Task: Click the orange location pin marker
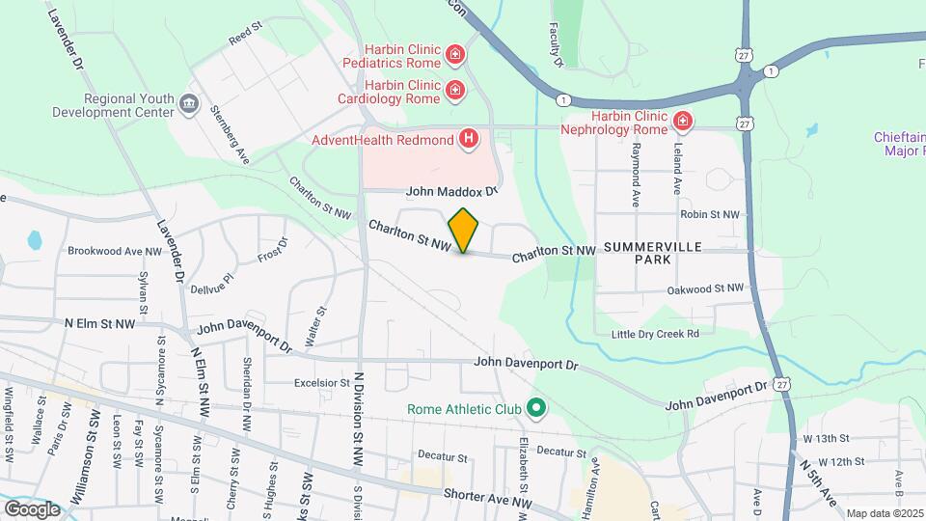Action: click(464, 230)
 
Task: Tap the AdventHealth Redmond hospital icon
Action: click(469, 140)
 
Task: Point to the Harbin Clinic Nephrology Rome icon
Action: click(683, 122)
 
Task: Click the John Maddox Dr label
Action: click(450, 192)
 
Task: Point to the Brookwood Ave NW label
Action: click(113, 250)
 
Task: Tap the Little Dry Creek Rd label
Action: click(655, 334)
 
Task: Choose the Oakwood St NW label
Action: click(705, 288)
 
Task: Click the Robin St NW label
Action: click(710, 214)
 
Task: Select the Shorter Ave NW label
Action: click(487, 496)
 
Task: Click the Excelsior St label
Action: click(322, 383)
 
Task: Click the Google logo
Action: click(32, 508)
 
